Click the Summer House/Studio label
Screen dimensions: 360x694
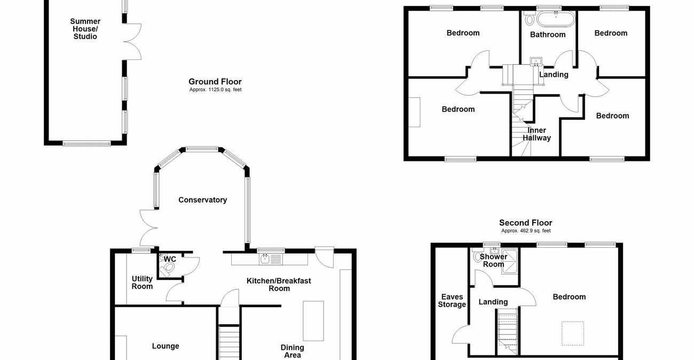point(85,29)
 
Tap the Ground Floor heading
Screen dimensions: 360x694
point(215,82)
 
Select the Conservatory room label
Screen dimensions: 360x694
point(202,200)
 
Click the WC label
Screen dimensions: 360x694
point(170,260)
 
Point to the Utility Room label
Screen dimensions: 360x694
point(142,283)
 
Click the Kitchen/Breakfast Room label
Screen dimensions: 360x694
point(279,284)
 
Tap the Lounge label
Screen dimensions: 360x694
point(165,346)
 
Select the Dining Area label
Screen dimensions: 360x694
point(292,351)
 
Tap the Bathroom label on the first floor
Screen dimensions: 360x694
point(548,35)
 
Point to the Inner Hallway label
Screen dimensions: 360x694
point(537,134)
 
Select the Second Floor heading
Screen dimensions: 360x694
point(525,223)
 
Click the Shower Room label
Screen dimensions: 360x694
point(493,260)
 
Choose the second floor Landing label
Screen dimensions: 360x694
point(493,302)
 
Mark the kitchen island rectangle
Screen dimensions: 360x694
point(311,320)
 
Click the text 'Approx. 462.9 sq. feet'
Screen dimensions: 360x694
point(525,231)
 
